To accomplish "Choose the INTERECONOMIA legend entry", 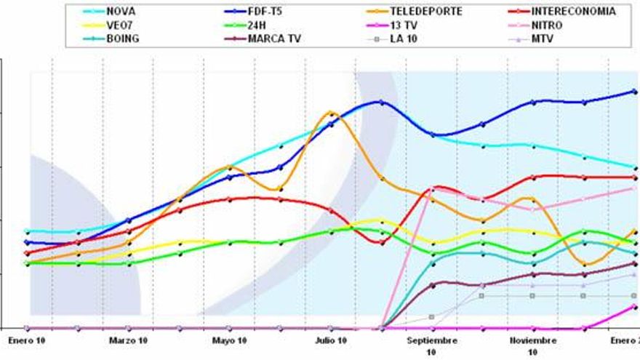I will pyautogui.click(x=572, y=12).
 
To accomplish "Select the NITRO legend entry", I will pyautogui.click(x=546, y=25).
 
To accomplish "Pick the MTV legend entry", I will pyautogui.click(x=543, y=39).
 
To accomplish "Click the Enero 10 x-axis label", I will pyautogui.click(x=26, y=340).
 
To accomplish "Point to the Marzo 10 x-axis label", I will pyautogui.click(x=128, y=340).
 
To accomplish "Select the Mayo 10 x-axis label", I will pyautogui.click(x=229, y=340).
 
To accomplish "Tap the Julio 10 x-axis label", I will pyautogui.click(x=330, y=340).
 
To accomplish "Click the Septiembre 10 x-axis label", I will pyautogui.click(x=432, y=345).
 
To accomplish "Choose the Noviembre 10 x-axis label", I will pyautogui.click(x=532, y=345).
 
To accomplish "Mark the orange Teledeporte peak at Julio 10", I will pyautogui.click(x=331, y=113).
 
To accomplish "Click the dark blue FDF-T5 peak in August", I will pyautogui.click(x=381, y=102).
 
